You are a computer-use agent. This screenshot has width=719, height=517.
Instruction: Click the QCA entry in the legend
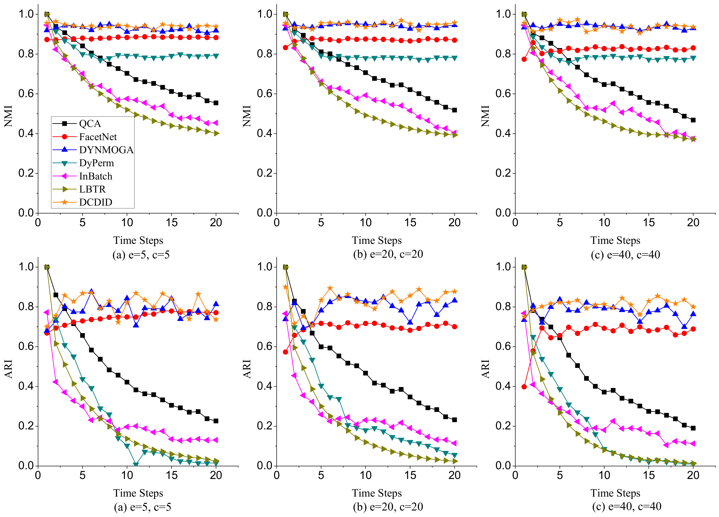pos(90,124)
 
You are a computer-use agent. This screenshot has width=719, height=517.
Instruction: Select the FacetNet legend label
pos(98,137)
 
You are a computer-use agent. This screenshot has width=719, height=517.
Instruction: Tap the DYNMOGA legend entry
pos(106,150)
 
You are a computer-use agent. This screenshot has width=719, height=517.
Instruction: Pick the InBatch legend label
pos(95,176)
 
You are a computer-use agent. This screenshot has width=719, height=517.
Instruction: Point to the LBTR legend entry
pos(92,189)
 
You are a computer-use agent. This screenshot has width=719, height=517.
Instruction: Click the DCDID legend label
pos(95,202)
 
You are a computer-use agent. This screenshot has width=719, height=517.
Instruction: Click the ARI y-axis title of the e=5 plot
pos(8,369)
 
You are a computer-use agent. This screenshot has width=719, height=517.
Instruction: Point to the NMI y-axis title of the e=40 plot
pos(485,116)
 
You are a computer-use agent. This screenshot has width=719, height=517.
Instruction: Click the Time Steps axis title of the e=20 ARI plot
pos(377,493)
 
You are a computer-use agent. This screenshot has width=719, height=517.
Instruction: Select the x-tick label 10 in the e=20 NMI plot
pos(366,222)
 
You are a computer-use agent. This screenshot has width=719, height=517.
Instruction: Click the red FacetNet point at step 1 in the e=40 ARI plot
pos(524,387)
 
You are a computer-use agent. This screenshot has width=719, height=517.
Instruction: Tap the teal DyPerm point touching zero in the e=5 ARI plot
pos(136,465)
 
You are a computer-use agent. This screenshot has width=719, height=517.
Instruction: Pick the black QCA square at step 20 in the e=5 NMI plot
pos(216,103)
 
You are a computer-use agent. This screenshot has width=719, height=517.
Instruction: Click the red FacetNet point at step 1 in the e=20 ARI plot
pos(285,352)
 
